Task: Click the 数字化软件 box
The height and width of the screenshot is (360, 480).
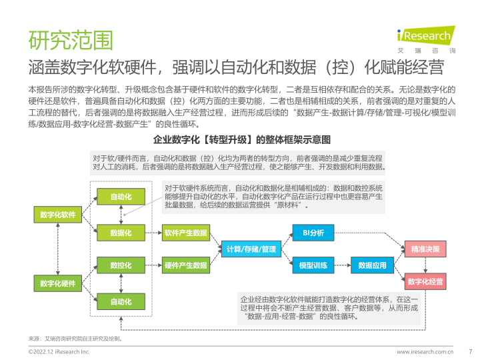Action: click(x=57, y=215)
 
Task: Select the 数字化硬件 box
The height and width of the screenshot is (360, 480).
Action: click(x=57, y=283)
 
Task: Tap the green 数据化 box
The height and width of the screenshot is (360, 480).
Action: click(x=121, y=233)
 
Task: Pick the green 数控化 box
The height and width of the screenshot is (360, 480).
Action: click(x=121, y=265)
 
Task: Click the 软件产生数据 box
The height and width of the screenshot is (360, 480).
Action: click(x=185, y=233)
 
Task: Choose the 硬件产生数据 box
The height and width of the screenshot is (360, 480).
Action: click(x=185, y=265)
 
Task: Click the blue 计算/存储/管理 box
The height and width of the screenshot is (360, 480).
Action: click(x=251, y=249)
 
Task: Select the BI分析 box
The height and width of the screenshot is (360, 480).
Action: click(x=313, y=233)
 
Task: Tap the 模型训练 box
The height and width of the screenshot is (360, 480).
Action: click(x=313, y=265)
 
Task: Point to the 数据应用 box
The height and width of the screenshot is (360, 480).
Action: click(x=372, y=265)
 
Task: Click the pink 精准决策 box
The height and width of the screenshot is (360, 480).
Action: click(x=425, y=249)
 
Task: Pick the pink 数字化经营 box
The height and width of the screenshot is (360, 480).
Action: click(x=425, y=282)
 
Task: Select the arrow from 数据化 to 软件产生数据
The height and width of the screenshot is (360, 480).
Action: click(x=152, y=233)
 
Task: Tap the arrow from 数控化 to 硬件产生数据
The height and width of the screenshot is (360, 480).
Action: click(x=152, y=265)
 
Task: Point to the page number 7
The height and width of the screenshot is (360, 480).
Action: click(x=471, y=351)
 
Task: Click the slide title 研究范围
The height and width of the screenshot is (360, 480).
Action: click(x=70, y=39)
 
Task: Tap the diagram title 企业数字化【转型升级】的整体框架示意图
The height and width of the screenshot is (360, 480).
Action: click(x=242, y=140)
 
